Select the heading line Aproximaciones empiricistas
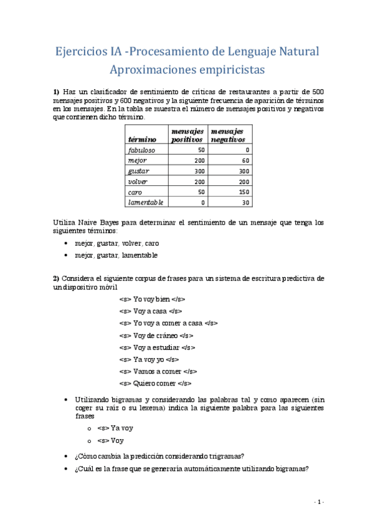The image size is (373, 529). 186,69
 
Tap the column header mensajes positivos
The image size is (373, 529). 187,135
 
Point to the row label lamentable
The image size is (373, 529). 145,202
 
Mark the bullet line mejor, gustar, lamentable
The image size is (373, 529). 116,255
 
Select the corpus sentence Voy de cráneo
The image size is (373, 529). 156,335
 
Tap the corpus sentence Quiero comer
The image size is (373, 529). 155,383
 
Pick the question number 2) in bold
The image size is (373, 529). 55,278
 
